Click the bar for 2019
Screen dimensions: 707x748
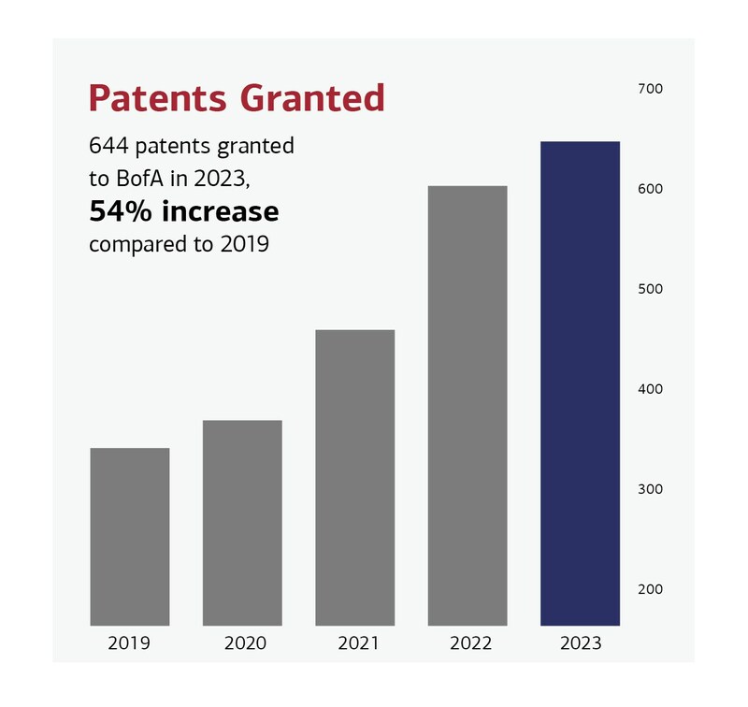[130, 537]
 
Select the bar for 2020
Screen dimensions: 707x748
[242, 523]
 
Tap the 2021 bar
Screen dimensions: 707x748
[354, 478]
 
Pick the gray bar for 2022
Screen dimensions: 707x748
[467, 406]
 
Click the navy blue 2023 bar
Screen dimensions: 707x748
[580, 383]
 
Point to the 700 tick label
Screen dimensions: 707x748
[649, 89]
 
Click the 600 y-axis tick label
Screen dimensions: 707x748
[649, 189]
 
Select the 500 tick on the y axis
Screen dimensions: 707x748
[649, 289]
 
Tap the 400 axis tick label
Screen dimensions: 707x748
[649, 389]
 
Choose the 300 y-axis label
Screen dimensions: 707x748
[649, 489]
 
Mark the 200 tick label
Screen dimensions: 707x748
[649, 589]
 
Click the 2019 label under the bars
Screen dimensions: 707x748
[130, 643]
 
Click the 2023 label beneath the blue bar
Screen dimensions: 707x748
[580, 643]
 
